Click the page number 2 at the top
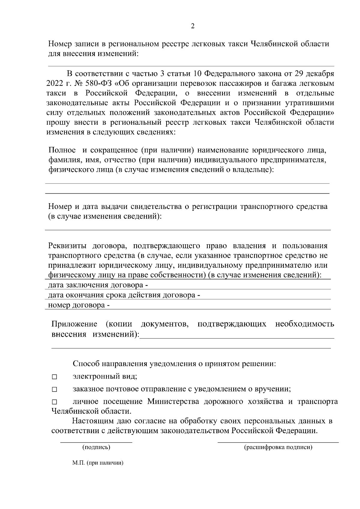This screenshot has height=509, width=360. (193, 26)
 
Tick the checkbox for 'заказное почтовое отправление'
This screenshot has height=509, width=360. (54, 390)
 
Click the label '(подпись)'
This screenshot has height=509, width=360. (96, 448)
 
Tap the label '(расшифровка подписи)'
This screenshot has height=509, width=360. (278, 448)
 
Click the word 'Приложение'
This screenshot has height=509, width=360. (74, 324)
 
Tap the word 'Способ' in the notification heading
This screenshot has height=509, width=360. (86, 364)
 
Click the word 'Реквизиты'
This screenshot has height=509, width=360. (67, 246)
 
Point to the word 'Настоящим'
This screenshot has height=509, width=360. (90, 421)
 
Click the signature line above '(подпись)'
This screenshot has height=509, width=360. (96, 442)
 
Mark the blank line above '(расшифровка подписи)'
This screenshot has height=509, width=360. (278, 442)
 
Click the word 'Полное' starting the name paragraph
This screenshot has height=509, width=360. (62, 150)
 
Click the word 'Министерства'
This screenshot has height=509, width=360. (173, 401)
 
